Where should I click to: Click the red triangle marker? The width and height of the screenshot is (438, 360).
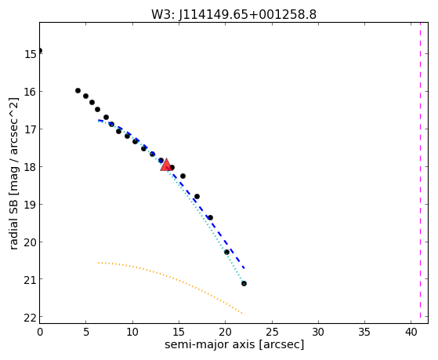pos(166,165)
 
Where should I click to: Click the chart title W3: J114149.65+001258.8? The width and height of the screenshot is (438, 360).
pos(233,15)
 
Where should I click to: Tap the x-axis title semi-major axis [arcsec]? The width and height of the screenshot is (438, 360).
pos(234,344)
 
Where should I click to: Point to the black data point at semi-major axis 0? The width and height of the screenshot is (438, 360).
pos(40,51)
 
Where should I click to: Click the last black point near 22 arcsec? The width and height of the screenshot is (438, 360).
pos(244,283)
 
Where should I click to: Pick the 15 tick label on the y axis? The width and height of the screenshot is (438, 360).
pos(30,53)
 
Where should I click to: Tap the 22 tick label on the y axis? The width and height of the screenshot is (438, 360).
pos(30,318)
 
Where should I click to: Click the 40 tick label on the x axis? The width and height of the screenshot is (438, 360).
pos(411,333)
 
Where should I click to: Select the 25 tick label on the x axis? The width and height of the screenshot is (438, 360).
pos(272,333)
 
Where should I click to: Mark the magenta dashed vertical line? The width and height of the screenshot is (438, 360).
pos(420,173)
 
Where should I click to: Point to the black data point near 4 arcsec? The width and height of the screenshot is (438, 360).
pos(78,90)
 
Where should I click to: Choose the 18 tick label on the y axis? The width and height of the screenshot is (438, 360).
pos(30,167)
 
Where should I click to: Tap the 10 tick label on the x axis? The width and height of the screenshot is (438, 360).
pos(132,333)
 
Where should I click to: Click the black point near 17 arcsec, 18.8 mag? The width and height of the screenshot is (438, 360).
pos(197,196)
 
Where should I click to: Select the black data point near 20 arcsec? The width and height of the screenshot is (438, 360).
pos(226,252)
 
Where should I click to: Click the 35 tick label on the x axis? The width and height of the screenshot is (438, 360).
pos(364,333)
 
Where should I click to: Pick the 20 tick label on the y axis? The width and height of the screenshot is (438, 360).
pos(30,242)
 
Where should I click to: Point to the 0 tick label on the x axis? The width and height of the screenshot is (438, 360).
pos(40,333)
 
